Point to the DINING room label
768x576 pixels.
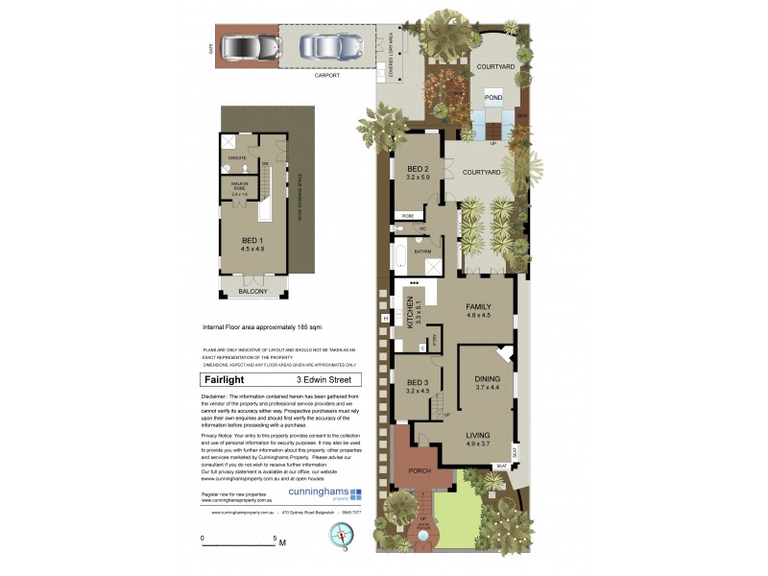click(488, 381)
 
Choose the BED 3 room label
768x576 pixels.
click(416, 386)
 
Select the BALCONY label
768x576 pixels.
click(252, 291)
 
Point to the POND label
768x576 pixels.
click(492, 98)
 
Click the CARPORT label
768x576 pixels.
click(327, 74)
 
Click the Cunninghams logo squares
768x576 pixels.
click(356, 494)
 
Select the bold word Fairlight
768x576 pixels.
click(224, 379)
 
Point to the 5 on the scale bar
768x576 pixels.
click(276, 538)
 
